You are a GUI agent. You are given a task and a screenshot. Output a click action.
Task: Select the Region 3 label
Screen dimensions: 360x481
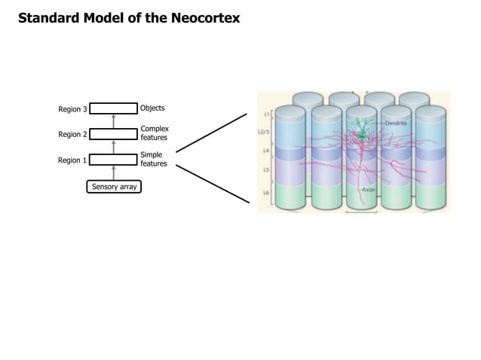72,109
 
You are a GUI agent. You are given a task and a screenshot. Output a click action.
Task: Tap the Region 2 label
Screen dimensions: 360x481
72,135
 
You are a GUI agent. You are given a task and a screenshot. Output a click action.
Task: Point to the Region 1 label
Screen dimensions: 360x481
72,160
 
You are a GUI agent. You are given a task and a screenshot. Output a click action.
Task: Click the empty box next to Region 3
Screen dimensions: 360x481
113,108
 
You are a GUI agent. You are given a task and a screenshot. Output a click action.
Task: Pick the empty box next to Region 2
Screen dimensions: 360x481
113,134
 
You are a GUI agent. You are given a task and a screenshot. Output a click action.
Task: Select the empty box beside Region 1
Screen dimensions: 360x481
113,160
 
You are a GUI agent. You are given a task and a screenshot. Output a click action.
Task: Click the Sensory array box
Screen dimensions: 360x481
114,186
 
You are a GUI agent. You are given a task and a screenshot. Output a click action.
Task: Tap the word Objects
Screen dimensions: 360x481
152,108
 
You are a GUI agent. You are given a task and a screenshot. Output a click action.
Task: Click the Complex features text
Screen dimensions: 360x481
154,134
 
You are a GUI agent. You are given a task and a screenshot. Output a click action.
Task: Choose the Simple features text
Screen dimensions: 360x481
152,159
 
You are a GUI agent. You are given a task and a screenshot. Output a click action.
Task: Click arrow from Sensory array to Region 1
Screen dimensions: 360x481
114,173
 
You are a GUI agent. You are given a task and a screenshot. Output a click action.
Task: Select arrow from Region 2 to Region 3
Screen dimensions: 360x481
114,121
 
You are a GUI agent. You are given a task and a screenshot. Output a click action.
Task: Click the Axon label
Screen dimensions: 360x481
369,190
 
